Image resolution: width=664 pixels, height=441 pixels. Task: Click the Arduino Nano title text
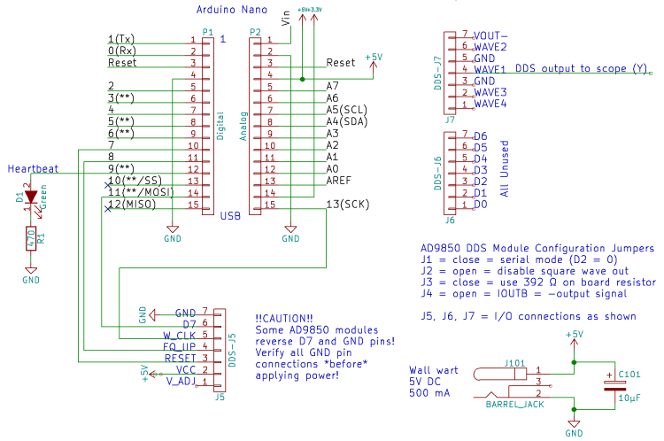232,10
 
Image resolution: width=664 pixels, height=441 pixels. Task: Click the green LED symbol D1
31,197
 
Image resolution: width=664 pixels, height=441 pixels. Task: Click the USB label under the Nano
231,215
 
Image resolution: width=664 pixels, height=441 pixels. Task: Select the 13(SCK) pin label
347,205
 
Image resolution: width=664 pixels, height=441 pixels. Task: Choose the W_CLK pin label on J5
180,336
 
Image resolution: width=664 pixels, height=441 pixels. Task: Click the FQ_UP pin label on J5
181,347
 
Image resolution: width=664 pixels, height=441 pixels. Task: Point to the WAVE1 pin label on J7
490,69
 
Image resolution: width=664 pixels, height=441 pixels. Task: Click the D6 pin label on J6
481,135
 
